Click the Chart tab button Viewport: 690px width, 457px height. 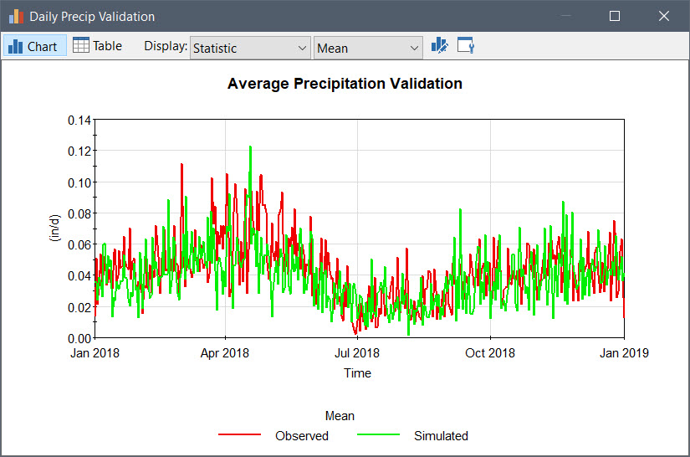33,46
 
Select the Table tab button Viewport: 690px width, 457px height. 98,46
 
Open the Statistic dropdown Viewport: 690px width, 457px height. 250,48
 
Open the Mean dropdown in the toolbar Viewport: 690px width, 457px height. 368,48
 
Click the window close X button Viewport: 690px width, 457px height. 664,16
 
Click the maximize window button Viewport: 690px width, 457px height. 615,16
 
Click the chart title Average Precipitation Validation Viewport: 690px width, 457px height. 345,84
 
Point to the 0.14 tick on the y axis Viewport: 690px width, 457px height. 79,120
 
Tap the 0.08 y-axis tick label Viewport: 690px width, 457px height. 79,213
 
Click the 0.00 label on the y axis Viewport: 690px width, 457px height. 79,338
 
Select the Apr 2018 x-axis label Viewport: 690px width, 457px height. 225,353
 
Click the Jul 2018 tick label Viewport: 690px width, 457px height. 357,353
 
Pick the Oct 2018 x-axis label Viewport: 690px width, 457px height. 490,353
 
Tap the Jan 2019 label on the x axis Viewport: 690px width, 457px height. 624,353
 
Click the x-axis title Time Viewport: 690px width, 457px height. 357,373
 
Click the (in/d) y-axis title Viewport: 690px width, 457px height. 55,228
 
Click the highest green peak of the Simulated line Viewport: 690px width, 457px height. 250,147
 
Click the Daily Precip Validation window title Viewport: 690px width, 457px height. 92,16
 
